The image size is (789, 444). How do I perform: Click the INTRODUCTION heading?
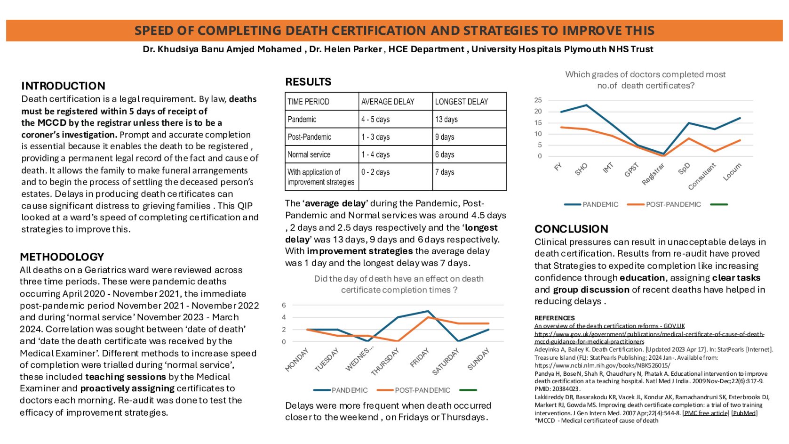63,86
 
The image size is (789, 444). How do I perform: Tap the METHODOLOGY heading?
62,257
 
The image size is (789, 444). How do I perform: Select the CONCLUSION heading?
571,229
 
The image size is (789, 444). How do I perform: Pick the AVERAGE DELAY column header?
388,102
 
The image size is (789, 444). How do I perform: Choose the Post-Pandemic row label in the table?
309,137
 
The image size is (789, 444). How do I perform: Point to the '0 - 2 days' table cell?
375,172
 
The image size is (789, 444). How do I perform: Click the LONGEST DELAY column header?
462,102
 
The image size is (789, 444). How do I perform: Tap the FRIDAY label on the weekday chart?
420,358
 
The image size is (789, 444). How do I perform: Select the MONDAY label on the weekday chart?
297,360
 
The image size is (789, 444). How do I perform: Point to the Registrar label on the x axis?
654,175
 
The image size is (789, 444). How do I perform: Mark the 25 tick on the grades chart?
538,100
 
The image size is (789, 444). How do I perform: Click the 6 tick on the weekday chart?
284,306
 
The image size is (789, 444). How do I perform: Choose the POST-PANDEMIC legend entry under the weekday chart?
422,390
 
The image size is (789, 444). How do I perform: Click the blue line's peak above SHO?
586,105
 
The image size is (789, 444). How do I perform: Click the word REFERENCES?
555,318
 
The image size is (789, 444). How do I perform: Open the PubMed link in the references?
744,413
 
